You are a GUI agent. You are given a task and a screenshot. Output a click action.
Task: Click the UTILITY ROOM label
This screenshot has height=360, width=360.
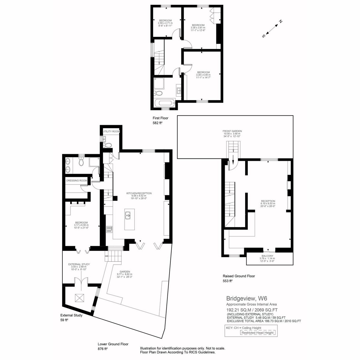coord(111,131)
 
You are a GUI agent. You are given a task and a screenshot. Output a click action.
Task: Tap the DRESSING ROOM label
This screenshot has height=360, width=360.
coord(76,181)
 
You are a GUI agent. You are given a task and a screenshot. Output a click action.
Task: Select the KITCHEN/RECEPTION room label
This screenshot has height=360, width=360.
coord(139,193)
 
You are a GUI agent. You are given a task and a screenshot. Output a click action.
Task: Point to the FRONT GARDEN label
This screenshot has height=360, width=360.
coord(232,131)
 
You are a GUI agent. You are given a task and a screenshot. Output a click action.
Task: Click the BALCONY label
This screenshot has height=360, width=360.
coord(267,256)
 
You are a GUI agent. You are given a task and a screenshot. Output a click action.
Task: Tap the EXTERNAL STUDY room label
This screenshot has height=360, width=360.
coord(79,264)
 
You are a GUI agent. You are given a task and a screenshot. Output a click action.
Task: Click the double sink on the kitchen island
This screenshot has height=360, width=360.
coord(128,215)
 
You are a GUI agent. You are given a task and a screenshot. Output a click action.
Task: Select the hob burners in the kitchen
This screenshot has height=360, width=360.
coord(109,229)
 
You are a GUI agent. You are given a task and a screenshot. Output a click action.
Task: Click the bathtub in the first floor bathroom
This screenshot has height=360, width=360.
coord(165,103)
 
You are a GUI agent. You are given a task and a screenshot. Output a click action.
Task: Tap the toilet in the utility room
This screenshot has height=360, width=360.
coord(107,145)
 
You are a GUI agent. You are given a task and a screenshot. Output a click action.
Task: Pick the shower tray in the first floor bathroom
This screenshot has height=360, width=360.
coord(159,83)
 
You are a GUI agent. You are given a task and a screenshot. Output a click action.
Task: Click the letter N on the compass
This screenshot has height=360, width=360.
coord(280,21)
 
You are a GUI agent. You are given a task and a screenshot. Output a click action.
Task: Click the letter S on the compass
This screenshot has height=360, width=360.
coord(264,36)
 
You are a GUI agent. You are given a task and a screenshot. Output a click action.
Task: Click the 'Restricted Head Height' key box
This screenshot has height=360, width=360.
coord(257,332)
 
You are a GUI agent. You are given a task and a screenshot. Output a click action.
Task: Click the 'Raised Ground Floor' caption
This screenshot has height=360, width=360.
coord(239,276)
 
